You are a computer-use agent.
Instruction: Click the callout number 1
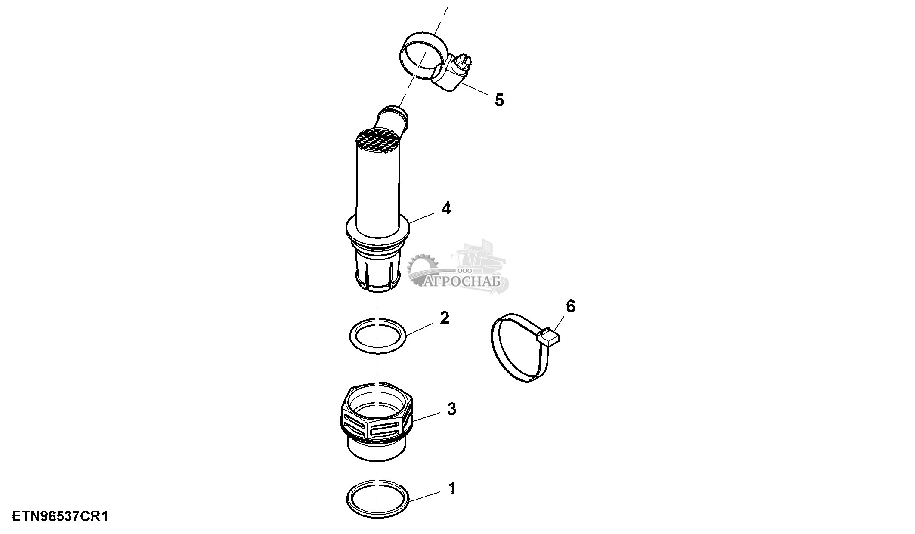click(x=451, y=489)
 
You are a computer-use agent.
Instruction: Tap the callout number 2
click(x=445, y=318)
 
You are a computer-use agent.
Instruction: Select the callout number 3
click(x=451, y=409)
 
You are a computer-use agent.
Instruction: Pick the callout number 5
click(x=499, y=100)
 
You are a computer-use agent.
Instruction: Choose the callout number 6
click(x=570, y=306)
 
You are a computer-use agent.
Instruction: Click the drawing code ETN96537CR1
click(x=60, y=516)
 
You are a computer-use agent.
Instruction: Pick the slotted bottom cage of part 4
click(x=377, y=270)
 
